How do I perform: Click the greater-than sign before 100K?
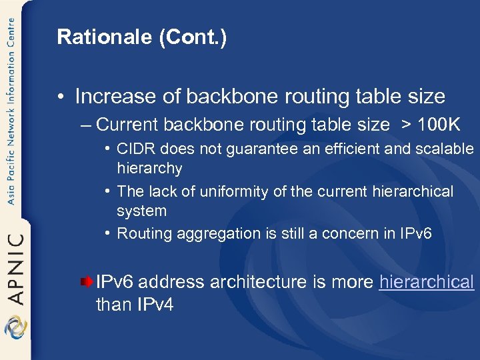pyautogui.click(x=405, y=125)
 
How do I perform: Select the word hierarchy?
pyautogui.click(x=149, y=168)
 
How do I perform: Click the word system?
pyautogui.click(x=141, y=211)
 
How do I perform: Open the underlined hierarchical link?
pyautogui.click(x=426, y=282)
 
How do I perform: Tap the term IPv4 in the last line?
pyautogui.click(x=155, y=306)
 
